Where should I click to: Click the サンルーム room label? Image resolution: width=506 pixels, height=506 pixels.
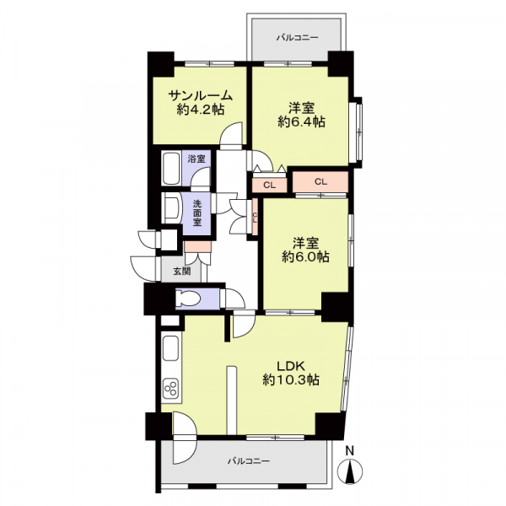(201, 95)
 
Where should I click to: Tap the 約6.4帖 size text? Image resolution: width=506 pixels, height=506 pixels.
(301, 122)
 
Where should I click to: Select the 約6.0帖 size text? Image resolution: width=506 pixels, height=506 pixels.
(305, 256)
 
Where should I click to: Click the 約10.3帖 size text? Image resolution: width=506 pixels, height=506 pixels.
(291, 379)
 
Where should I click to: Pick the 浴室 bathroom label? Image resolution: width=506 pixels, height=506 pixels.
(196, 159)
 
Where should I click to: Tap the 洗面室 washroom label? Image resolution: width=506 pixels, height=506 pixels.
(197, 213)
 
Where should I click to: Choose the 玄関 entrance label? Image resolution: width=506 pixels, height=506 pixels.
(182, 271)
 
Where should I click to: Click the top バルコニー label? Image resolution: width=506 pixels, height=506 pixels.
(297, 38)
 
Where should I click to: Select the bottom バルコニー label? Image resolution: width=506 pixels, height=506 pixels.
(249, 460)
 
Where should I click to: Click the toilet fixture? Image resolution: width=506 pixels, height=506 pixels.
(187, 298)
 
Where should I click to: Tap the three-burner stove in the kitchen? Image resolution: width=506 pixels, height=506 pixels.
(171, 390)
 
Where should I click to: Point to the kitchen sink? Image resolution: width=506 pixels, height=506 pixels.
(171, 348)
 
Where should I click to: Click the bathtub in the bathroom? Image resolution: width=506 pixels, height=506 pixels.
(171, 169)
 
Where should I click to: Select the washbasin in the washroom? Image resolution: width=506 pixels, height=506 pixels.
(172, 208)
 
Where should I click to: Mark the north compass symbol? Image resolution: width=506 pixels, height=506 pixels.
(350, 471)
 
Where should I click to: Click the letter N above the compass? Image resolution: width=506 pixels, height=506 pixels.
(350, 450)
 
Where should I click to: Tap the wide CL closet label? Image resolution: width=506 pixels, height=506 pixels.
(320, 181)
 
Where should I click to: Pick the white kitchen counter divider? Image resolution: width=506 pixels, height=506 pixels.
(232, 400)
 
